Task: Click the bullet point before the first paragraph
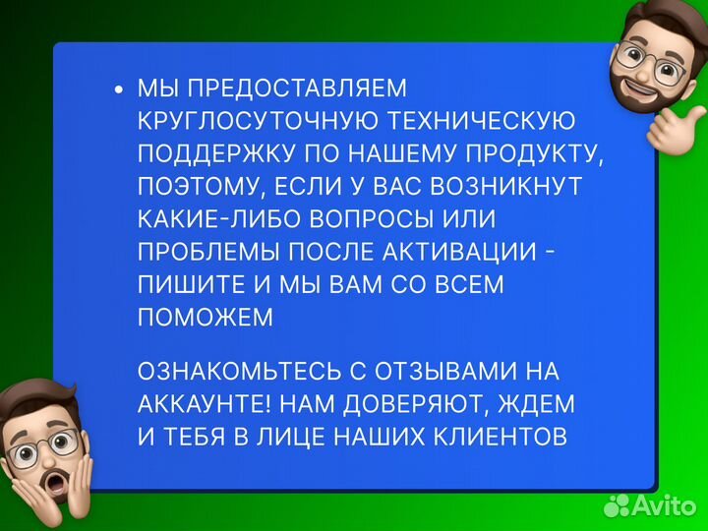[120, 89]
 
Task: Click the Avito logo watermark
[650, 505]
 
